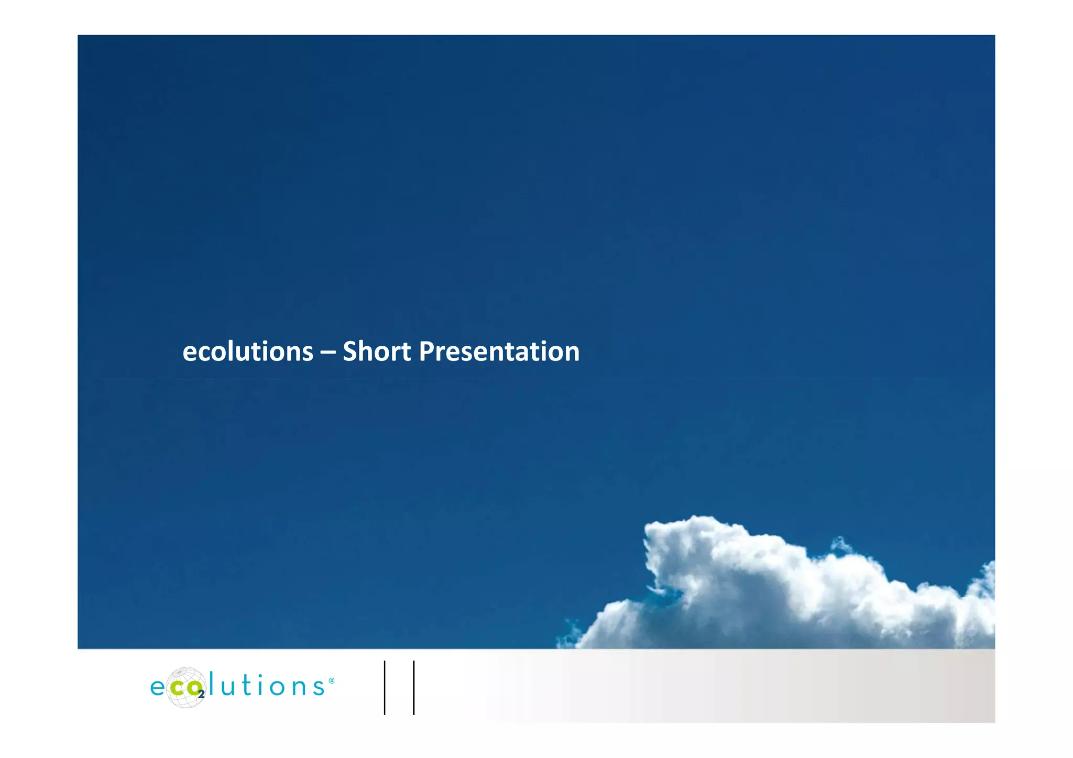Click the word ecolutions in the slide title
coord(248,351)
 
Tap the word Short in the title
coord(377,351)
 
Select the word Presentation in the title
coord(499,351)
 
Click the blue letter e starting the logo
coord(158,687)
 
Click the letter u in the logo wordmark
coord(228,687)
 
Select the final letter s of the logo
coord(319,687)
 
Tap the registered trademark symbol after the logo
coord(331,681)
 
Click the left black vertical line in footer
coord(385,688)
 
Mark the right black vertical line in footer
coord(413,688)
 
